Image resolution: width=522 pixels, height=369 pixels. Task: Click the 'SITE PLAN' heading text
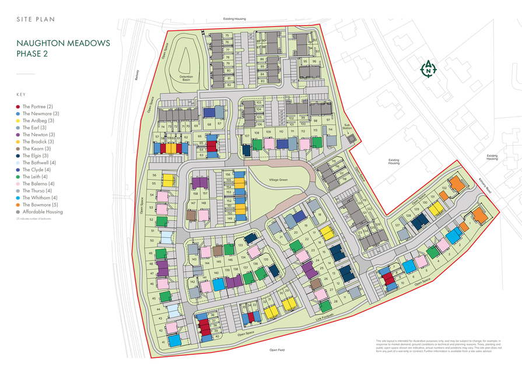36,19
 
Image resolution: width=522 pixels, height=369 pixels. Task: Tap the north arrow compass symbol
429,69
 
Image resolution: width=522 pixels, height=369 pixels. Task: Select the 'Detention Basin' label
185,78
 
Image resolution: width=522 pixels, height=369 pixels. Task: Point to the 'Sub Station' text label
346,126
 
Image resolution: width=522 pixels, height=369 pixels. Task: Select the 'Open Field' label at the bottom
276,350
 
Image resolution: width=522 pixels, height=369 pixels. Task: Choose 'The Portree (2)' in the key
38,107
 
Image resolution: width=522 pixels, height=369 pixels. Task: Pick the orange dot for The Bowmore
18,205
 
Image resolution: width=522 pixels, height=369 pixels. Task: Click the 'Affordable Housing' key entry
43,212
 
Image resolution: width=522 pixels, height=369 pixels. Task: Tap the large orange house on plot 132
457,184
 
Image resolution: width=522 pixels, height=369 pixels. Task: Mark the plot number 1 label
469,225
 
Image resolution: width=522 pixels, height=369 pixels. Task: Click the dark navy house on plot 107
246,150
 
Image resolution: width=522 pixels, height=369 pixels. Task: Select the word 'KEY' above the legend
21,94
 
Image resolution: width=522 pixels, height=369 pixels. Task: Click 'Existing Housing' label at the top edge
234,19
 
